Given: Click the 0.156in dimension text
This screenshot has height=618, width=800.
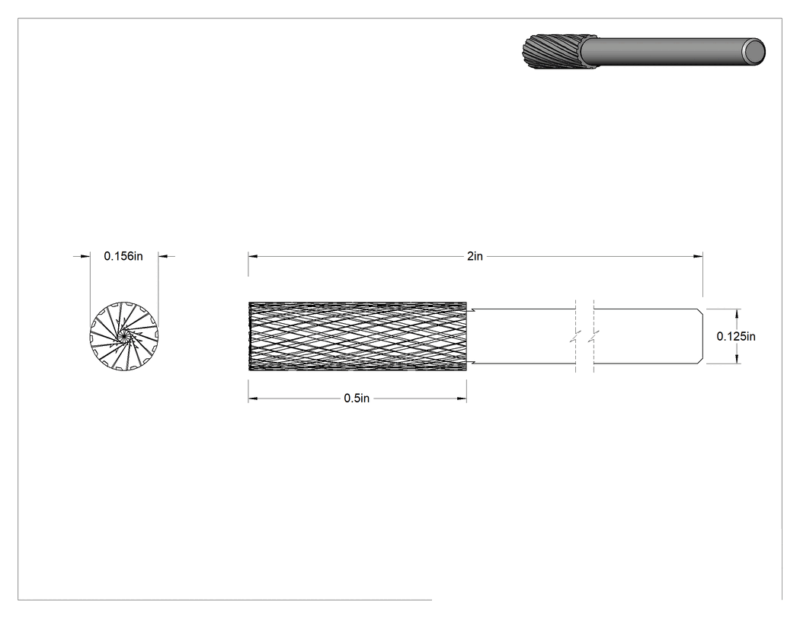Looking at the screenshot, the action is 123,256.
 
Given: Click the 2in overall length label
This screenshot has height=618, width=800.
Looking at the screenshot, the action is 475,256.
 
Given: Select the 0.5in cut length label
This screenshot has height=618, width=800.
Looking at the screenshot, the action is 357,399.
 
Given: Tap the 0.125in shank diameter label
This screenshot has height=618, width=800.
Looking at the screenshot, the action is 736,336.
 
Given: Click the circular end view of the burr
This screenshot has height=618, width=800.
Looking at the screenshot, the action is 124,336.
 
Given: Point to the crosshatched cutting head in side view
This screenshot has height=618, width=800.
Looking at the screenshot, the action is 357,336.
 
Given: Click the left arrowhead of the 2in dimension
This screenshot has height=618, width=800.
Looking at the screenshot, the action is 254,256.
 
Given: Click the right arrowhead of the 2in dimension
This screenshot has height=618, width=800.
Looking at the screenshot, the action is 697,256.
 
